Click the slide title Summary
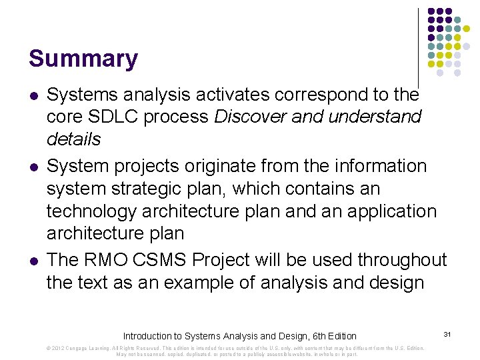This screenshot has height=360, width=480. click(83, 59)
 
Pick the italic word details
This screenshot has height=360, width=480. click(73, 139)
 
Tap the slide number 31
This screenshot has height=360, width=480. click(447, 333)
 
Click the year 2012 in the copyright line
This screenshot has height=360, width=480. click(57, 348)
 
